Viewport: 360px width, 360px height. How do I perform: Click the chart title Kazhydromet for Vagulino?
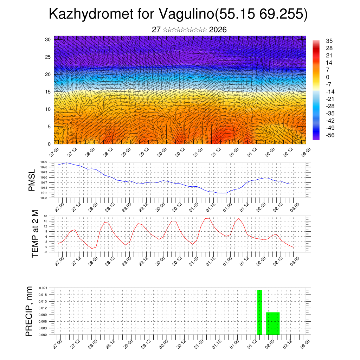178,14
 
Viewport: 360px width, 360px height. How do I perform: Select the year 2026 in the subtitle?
218,30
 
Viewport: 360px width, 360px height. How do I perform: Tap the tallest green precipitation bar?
259,312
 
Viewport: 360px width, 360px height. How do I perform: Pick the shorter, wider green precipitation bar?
273,323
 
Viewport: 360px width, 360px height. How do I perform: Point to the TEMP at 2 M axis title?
35,234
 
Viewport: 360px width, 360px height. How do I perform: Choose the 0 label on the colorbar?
327,77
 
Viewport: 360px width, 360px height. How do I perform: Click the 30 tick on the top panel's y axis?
48,39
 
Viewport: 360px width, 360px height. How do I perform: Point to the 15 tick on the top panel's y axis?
48,92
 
